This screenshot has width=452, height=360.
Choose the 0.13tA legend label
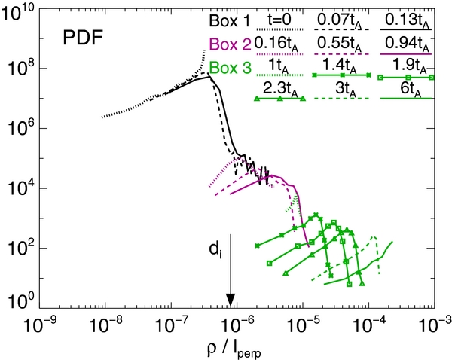(408, 21)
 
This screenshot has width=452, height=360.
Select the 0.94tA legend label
(408, 44)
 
